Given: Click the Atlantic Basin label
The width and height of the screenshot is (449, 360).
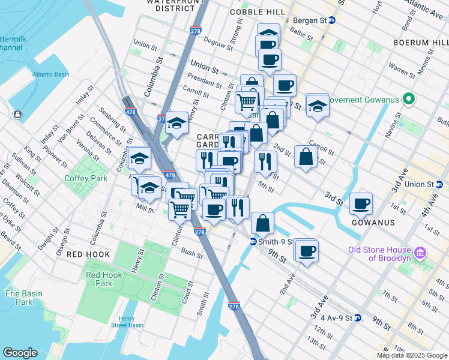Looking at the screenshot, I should click(x=51, y=74).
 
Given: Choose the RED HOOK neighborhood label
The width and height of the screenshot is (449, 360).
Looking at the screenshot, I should click(x=88, y=254).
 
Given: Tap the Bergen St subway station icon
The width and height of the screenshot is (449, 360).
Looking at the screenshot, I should click(x=332, y=20).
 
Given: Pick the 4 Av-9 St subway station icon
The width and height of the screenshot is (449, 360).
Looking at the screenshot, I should click(x=357, y=317).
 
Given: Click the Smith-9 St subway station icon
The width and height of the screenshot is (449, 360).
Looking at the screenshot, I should click(x=254, y=242).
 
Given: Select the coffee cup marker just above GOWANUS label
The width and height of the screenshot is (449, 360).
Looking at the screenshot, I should click(x=361, y=204).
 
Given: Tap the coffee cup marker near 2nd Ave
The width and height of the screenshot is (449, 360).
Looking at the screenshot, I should click(x=307, y=250).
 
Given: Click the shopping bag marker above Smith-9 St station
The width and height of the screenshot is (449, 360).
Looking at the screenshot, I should click(x=262, y=223).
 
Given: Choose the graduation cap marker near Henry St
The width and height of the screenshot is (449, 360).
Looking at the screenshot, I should click(x=177, y=123).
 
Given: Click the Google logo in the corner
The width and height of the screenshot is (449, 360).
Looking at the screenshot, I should click(x=20, y=353).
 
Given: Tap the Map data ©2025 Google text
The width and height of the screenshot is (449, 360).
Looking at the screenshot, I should click(x=412, y=355).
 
